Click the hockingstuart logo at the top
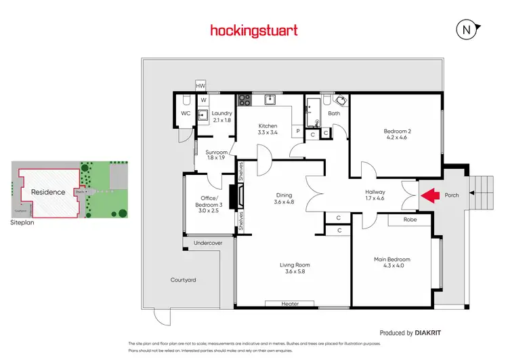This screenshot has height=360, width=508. click(253, 31)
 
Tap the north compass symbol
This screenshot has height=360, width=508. click(466, 30)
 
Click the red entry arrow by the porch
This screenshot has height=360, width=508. click(427, 196)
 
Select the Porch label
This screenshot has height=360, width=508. click(452, 196)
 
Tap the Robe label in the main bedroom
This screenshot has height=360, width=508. click(410, 220)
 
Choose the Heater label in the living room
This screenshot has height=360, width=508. click(290, 304)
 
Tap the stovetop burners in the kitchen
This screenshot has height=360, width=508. click(244, 100)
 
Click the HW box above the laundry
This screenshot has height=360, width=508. click(200, 86)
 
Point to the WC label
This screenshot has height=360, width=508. click(185, 113)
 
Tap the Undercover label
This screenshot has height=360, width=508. click(208, 243)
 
